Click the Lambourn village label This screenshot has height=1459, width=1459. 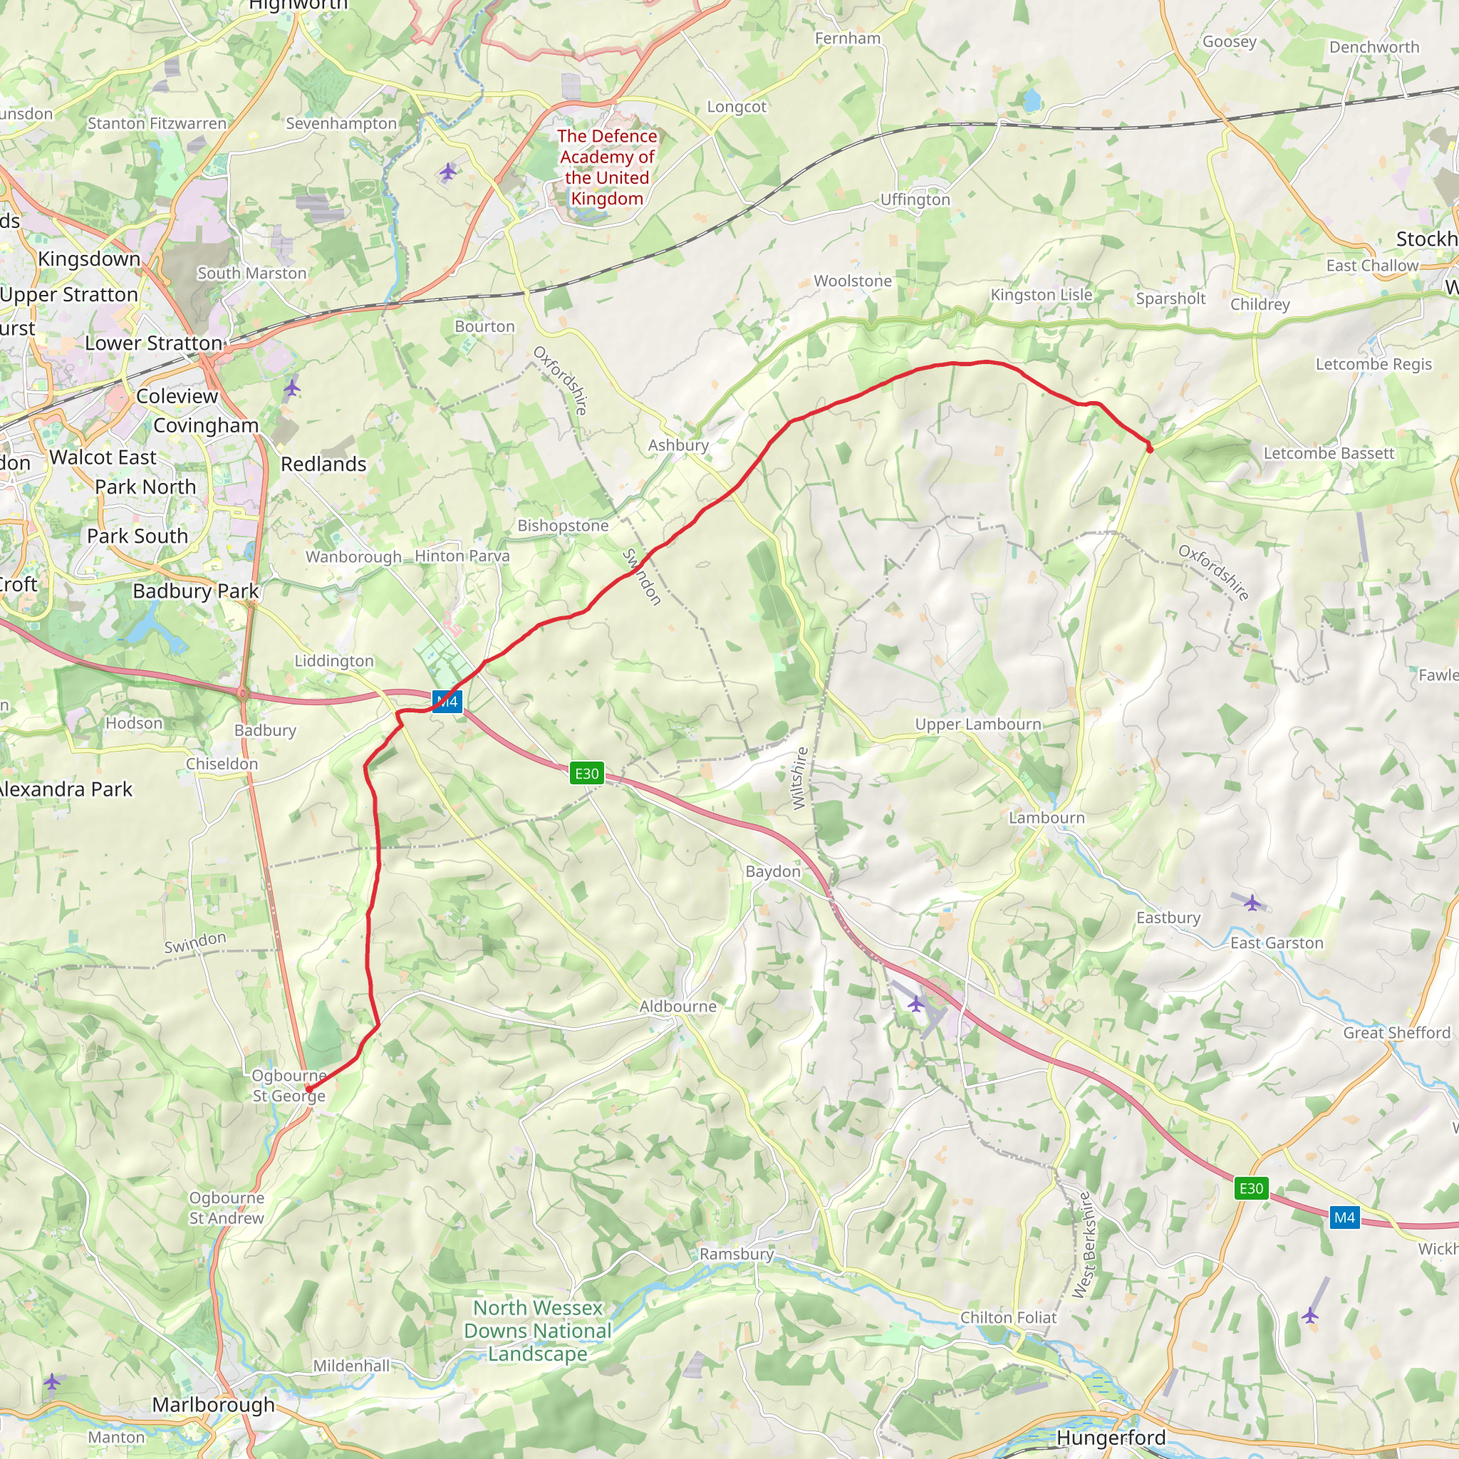[x=1047, y=818]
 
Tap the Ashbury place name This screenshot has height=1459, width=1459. [x=678, y=445]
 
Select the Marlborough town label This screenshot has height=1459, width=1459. [x=214, y=1405]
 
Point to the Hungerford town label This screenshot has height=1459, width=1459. [x=1111, y=1438]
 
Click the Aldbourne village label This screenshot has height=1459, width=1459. [x=678, y=1007]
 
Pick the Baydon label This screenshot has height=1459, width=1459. [x=772, y=871]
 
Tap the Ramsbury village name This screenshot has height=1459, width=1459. [x=737, y=1255]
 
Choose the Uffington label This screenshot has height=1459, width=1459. [x=915, y=199]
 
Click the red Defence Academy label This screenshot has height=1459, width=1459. [x=607, y=167]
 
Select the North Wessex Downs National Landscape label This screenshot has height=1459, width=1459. [x=538, y=1331]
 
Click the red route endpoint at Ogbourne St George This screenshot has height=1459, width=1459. [x=309, y=1089]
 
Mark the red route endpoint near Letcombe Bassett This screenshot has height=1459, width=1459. [x=1149, y=449]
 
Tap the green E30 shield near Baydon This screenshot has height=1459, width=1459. [x=587, y=773]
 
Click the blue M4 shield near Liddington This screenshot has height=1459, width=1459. [x=448, y=702]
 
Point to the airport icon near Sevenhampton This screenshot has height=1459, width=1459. [x=448, y=172]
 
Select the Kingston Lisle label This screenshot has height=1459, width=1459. [x=1042, y=294]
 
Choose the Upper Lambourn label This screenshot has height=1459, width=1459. [x=978, y=725]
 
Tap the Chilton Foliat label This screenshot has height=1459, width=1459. [x=1008, y=1318]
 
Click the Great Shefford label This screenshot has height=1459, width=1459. [x=1396, y=1033]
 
